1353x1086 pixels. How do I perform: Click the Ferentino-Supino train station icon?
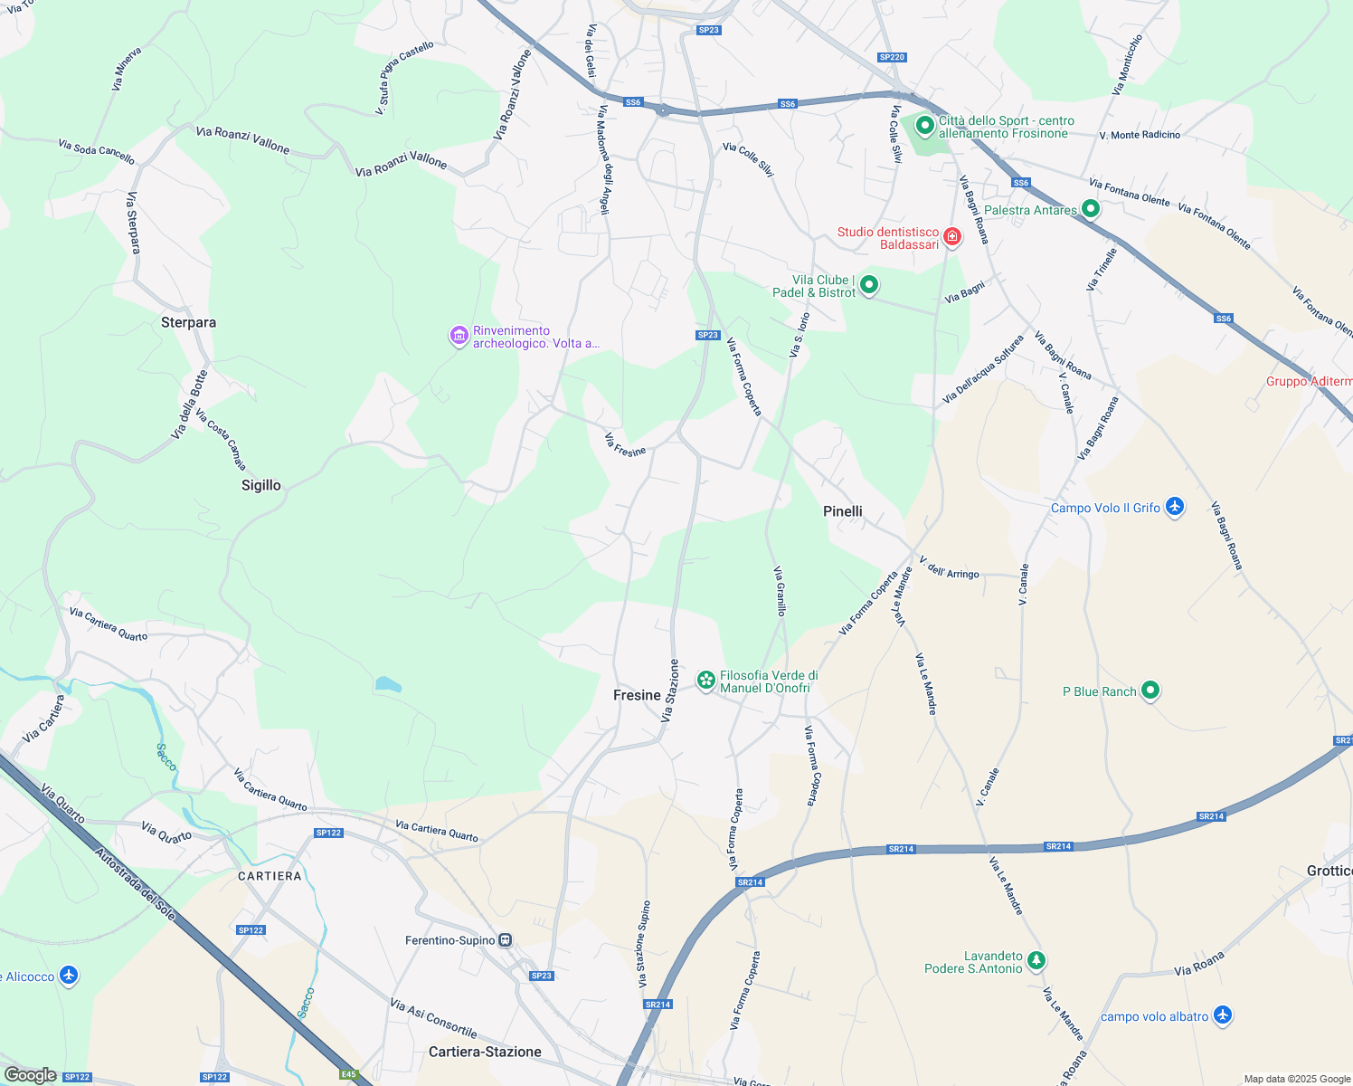tap(506, 940)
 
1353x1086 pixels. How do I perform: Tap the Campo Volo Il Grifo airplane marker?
tap(1175, 507)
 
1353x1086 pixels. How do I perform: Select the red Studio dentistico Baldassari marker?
tap(952, 237)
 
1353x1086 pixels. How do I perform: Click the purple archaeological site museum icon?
tap(459, 336)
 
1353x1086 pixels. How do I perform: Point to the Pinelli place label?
tap(843, 511)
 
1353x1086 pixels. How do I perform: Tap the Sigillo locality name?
tap(261, 485)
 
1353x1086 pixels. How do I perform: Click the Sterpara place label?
tap(188, 322)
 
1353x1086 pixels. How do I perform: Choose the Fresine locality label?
tap(637, 695)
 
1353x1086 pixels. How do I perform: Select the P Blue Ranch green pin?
tap(1150, 691)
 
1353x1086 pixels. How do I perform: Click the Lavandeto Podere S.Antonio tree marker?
tap(1036, 960)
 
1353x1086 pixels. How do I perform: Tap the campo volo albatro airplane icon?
tap(1223, 1015)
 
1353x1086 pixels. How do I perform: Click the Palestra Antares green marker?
tap(1091, 209)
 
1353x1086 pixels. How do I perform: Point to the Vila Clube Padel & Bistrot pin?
tap(869, 285)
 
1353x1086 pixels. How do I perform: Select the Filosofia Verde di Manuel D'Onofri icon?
tap(705, 680)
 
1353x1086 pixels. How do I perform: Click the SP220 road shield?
tap(892, 57)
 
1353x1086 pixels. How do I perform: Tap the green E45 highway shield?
tap(348, 1074)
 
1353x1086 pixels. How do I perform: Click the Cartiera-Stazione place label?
tap(485, 1052)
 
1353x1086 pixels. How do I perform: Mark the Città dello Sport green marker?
tap(924, 125)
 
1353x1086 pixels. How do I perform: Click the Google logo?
tap(30, 1075)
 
